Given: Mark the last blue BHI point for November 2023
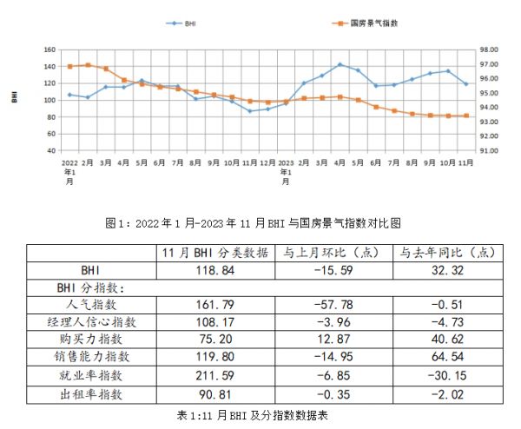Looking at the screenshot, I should tap(467, 84).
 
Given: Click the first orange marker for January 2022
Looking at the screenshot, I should tap(69, 66).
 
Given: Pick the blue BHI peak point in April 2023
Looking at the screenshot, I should tap(340, 64).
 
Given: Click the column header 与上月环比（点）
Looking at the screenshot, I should tap(331, 253).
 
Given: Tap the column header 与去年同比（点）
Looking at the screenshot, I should tap(445, 253).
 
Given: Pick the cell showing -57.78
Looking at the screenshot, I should tap(331, 305).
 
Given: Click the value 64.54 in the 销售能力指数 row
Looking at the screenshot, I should tap(445, 357).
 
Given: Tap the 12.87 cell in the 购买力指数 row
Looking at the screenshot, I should tap(331, 340).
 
